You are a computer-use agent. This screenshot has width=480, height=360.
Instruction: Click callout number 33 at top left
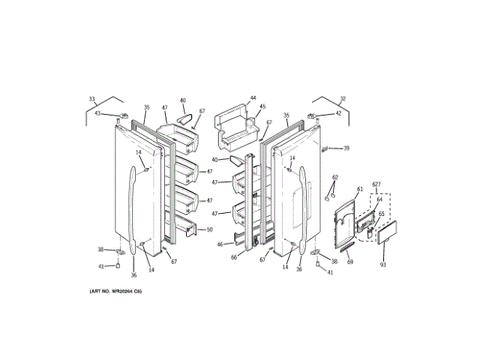point(92,99)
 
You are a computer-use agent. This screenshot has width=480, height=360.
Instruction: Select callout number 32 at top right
point(343,99)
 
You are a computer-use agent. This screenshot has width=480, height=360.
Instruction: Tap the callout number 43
point(97,113)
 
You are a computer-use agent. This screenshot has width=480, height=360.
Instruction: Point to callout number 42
point(338,113)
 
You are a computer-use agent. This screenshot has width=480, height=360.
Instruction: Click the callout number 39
point(346,148)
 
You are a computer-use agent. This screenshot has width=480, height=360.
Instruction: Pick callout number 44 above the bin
point(253,98)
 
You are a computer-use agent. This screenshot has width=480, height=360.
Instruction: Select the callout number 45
point(262,107)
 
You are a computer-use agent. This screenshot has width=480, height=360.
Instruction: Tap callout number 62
point(335,178)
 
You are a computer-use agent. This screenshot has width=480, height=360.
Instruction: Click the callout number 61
point(359,189)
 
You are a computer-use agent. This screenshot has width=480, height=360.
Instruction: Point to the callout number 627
point(376,184)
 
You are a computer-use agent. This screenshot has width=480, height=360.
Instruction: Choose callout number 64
point(379,199)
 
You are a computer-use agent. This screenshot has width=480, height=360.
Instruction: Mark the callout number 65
point(381,214)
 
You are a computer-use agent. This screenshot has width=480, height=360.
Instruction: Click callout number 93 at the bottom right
point(382,265)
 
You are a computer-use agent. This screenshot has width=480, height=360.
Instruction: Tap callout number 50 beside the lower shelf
point(210,229)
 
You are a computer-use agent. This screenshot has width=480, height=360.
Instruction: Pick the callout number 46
point(220,244)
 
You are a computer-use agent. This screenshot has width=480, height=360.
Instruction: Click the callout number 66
point(233,257)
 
